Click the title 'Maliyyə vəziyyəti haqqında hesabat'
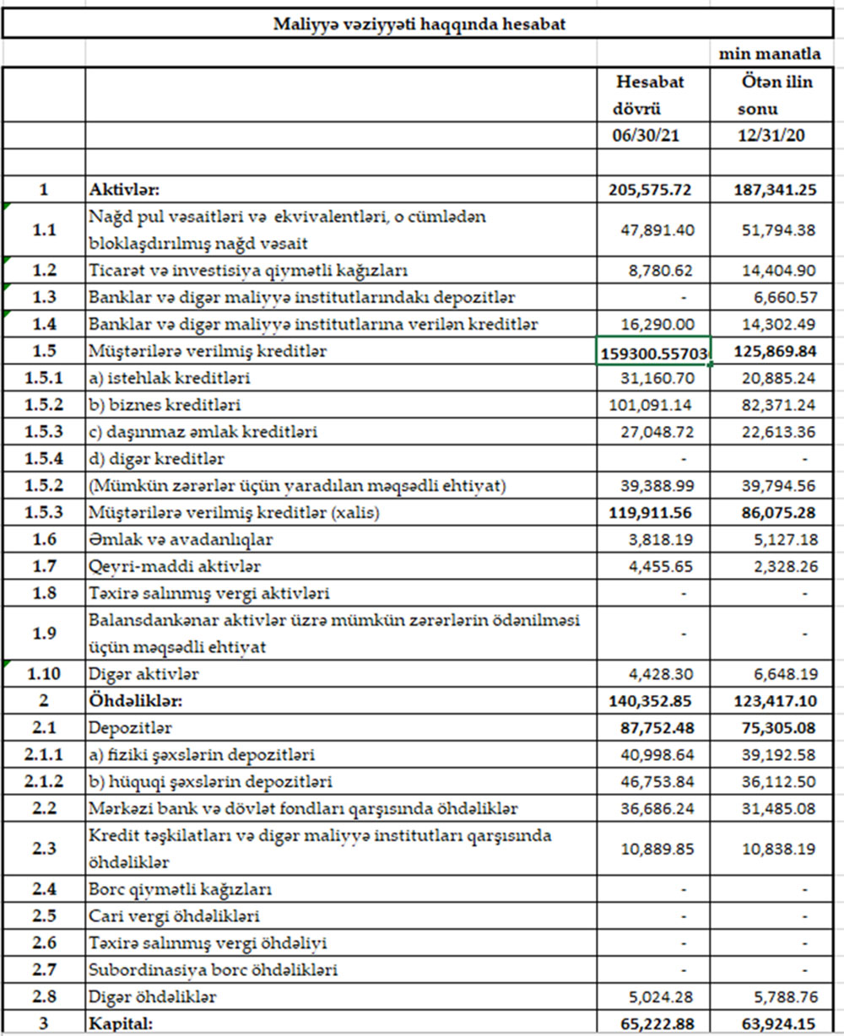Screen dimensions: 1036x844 click(419, 24)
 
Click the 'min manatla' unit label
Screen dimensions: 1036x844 click(769, 54)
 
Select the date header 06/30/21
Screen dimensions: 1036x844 click(650, 137)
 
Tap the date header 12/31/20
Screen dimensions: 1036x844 click(771, 137)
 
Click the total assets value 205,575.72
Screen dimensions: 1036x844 click(650, 190)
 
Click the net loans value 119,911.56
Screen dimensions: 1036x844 click(650, 512)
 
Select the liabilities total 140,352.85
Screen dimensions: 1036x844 click(650, 700)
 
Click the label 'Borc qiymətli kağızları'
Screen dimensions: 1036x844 click(180, 888)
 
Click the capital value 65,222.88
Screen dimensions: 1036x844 click(650, 1023)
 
